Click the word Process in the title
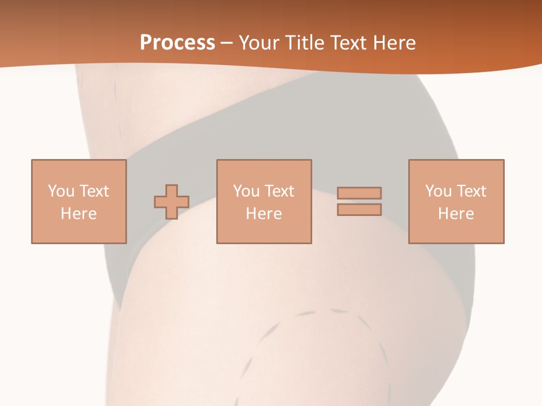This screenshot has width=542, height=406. click(177, 42)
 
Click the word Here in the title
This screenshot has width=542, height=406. click(396, 42)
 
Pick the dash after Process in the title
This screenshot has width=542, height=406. click(226, 43)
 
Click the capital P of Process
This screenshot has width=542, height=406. click(146, 42)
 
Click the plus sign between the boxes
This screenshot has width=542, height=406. click(172, 201)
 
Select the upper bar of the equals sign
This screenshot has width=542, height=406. click(359, 193)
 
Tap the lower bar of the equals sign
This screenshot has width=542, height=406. click(359, 209)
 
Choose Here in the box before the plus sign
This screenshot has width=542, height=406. click(78, 214)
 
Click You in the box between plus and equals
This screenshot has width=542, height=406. click(246, 191)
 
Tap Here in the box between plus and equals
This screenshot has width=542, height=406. click(264, 214)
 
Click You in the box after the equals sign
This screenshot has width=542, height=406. click(438, 191)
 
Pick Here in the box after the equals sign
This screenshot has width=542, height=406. click(456, 214)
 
